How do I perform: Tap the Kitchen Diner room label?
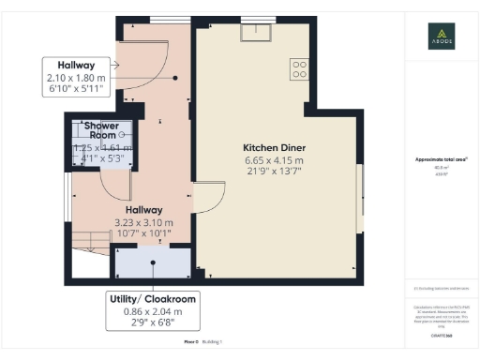point(273,148)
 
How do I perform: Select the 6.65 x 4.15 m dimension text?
point(273,160)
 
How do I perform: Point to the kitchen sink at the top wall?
point(253,34)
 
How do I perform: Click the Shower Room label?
point(97,129)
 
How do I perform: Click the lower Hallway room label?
point(139,210)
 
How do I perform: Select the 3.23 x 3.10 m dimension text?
point(142,222)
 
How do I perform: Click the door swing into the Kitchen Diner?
point(208,198)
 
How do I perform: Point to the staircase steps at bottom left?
point(90,240)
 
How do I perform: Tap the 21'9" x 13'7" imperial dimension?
point(273,172)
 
